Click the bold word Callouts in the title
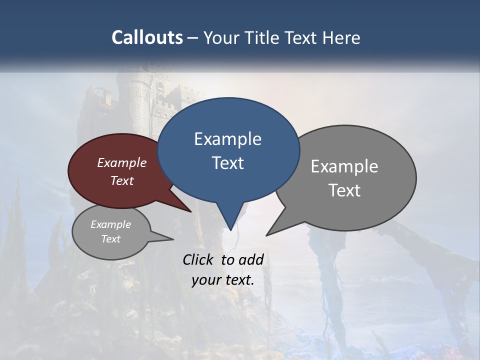(x=147, y=37)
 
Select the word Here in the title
(x=341, y=37)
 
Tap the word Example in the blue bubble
(x=227, y=139)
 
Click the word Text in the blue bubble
(x=227, y=163)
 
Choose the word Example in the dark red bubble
(x=122, y=163)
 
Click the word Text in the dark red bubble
(x=122, y=181)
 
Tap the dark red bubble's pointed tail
(x=187, y=209)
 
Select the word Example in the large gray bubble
(x=344, y=166)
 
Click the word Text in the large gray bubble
(x=344, y=190)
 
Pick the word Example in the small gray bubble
(x=110, y=224)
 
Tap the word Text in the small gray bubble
(x=110, y=239)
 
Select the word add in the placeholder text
(x=250, y=259)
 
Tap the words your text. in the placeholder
(x=223, y=280)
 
